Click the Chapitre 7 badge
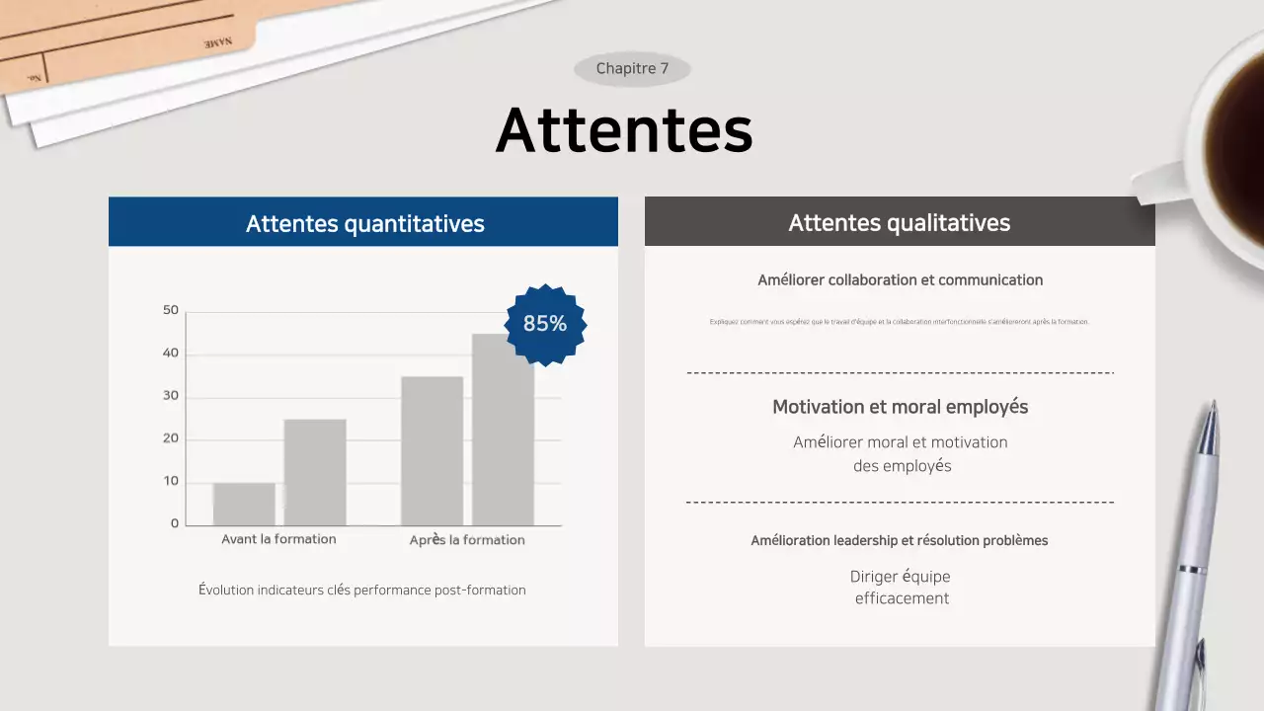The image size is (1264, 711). point(632,69)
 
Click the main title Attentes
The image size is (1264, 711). point(624,129)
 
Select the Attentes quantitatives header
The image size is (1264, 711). point(364,224)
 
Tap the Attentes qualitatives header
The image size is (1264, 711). point(899,223)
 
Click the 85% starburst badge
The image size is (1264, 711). point(545,324)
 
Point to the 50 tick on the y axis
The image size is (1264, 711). point(171,311)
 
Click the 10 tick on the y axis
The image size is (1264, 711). point(171,482)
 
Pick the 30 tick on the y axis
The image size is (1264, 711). point(171,397)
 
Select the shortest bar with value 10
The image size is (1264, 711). point(244,504)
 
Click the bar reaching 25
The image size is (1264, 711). point(315,472)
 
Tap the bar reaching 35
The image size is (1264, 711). point(432,450)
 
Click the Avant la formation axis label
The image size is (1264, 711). point(278,539)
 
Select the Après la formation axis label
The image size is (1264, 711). point(467,540)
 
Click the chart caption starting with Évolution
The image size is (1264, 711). point(361,591)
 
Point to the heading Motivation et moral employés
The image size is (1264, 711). point(900,407)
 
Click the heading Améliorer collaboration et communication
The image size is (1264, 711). point(900,280)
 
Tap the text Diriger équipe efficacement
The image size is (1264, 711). point(901,587)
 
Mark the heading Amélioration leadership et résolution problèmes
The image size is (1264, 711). point(899,541)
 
